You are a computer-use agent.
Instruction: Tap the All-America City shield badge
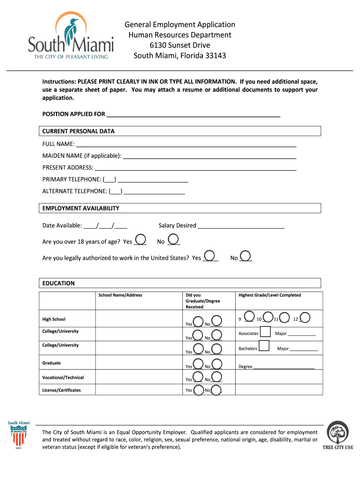point(18,435)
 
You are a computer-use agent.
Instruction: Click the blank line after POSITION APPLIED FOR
point(193,115)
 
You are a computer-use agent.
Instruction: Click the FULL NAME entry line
point(186,145)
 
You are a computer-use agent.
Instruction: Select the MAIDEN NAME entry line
point(209,156)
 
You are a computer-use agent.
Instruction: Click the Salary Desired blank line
point(241,226)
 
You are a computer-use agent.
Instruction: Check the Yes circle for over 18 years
point(140,239)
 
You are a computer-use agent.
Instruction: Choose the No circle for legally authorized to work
point(246,256)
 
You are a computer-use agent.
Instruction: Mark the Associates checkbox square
point(265,332)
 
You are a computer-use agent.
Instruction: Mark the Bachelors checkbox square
point(264,346)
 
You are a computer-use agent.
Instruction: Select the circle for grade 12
point(305,318)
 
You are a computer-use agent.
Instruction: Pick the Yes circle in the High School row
point(198,322)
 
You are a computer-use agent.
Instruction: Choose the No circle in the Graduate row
point(216,364)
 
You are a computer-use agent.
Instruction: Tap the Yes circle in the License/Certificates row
point(198,390)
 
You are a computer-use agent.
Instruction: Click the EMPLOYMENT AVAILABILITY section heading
point(81,208)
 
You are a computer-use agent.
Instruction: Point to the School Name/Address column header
point(120,295)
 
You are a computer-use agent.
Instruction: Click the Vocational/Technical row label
point(63,377)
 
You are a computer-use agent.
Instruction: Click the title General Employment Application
point(180,25)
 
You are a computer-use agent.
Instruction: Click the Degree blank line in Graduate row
point(283,367)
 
